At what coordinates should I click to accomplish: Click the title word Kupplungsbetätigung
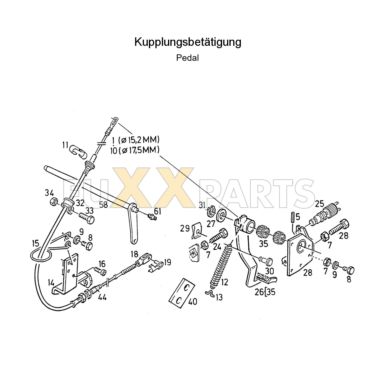[188, 42]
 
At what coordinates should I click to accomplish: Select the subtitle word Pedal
[187, 58]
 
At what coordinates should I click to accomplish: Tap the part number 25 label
[319, 204]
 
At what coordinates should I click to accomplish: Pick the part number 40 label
[193, 301]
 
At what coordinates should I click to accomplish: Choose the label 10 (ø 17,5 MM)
[135, 150]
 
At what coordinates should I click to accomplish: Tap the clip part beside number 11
[77, 150]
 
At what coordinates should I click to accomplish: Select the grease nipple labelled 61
[152, 217]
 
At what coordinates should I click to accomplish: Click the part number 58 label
[103, 205]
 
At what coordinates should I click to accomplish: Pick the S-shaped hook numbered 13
[210, 294]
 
